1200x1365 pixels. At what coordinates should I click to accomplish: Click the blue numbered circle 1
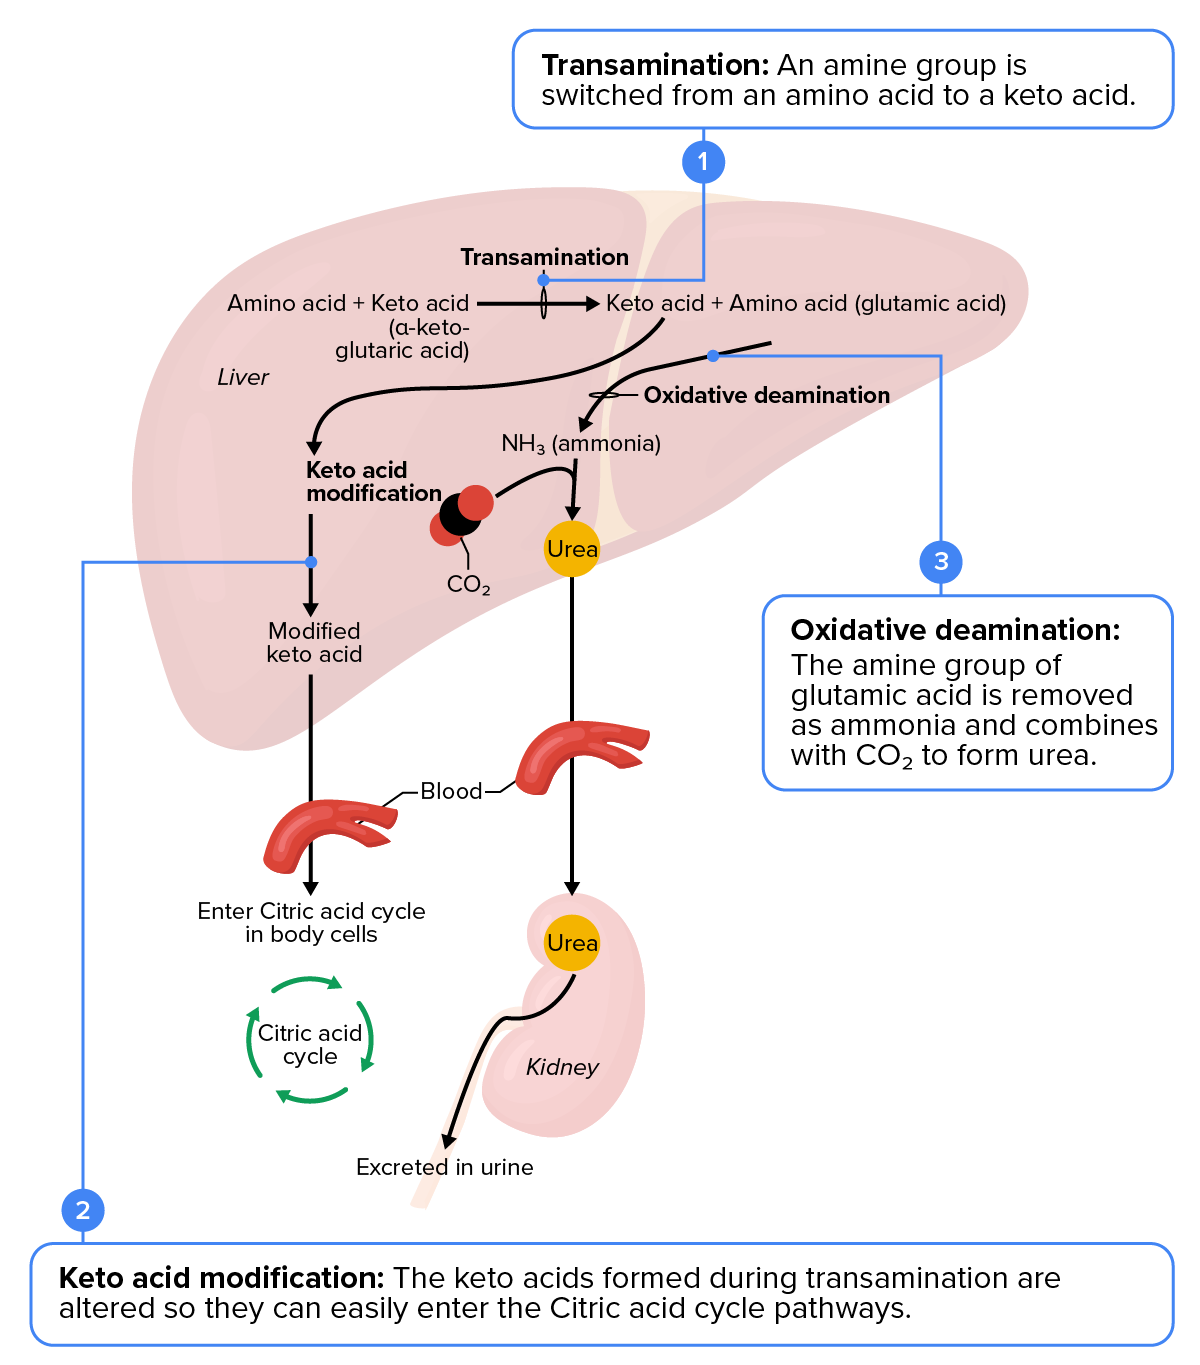coord(703,162)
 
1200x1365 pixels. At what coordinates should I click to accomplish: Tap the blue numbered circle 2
coord(83,1210)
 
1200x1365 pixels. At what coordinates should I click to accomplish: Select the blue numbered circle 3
coord(941,561)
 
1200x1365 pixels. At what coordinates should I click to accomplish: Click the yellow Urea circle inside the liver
coord(572,549)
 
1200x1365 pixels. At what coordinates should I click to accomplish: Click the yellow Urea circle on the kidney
coord(572,943)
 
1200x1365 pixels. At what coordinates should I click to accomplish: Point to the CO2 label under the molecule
coord(468,585)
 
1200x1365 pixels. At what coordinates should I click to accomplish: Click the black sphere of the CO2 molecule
coord(458,515)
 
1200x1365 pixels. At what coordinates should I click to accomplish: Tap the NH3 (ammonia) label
coord(581,443)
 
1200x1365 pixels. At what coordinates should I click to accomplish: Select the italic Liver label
coord(243,378)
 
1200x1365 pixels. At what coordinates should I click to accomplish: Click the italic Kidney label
coord(562,1068)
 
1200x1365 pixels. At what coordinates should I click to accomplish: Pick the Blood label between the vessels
coord(451,791)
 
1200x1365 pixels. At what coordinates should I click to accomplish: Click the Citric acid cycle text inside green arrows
coord(310,1045)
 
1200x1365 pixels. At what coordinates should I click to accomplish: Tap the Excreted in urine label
coord(444,1167)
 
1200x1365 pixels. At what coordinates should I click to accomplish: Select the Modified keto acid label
coord(314,643)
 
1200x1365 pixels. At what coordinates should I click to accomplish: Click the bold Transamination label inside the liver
coord(544,257)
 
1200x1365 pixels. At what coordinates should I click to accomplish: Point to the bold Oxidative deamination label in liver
coord(766,395)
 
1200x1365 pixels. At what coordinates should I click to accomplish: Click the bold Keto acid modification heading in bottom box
coord(221,1278)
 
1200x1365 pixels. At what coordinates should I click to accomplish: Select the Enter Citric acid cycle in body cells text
coord(311,923)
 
